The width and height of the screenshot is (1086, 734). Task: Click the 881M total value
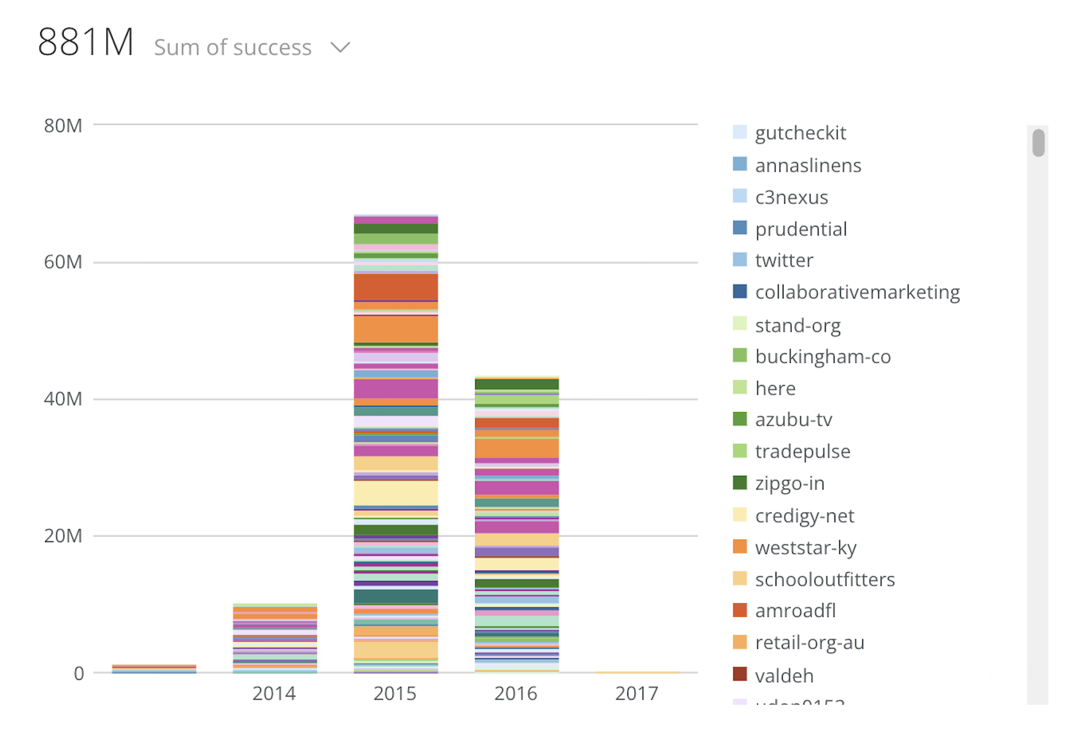86,43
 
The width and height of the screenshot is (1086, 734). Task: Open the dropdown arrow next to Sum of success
339,48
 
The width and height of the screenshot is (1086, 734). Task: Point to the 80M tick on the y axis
63,126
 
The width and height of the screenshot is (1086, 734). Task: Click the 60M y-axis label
63,262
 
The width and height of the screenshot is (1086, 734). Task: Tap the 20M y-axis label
63,536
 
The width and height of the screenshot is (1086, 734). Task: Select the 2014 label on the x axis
274,693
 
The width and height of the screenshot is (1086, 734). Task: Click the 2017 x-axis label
637,693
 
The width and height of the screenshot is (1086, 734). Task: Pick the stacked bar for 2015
395,443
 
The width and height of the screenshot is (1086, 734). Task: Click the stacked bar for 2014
275,638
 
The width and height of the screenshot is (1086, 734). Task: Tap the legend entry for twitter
783,260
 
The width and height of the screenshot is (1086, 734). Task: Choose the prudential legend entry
801,229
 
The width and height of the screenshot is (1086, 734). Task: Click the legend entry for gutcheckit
800,133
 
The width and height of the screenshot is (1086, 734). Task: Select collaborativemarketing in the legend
857,292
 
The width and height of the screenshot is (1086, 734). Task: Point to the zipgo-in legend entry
790,483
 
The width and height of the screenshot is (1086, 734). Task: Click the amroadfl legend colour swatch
740,610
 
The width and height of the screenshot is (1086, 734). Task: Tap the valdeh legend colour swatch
740,674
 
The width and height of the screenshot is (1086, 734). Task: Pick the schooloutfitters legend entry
824,580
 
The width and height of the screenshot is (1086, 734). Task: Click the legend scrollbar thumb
1038,143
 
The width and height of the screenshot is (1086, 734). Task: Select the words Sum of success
233,48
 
